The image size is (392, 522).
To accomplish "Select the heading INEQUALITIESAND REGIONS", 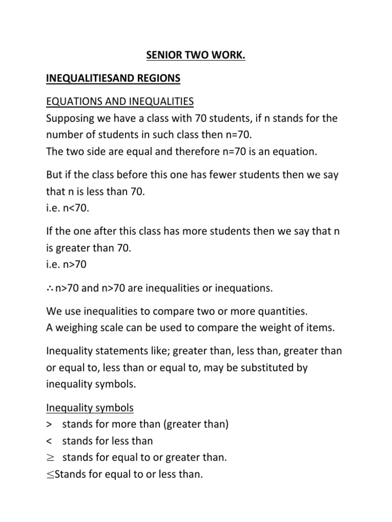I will pyautogui.click(x=113, y=78).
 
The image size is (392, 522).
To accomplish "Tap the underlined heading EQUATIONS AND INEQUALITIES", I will pyautogui.click(x=120, y=102).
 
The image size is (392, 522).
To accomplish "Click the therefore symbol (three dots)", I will pyautogui.click(x=50, y=289).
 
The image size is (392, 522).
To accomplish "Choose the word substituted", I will pyautogui.click(x=269, y=368).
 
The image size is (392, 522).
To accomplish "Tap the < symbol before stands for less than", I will pyautogui.click(x=50, y=441).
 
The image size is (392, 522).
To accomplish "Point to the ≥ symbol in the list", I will pyautogui.click(x=50, y=458).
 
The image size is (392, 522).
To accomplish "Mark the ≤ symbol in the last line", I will pyautogui.click(x=50, y=475).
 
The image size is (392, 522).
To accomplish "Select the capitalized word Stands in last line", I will pyautogui.click(x=70, y=474).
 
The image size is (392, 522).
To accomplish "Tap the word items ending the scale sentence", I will pyautogui.click(x=321, y=328).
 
